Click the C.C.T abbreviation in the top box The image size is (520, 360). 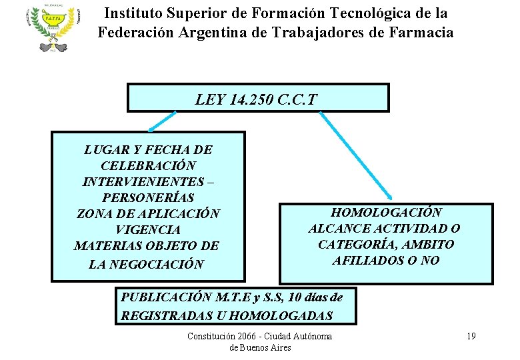(297, 100)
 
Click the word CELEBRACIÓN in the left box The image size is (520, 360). (148, 165)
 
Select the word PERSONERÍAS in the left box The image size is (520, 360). (148, 198)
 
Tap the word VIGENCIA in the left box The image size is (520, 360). (148, 230)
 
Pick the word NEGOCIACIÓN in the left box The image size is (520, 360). (159, 264)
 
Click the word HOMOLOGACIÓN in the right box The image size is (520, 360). (386, 213)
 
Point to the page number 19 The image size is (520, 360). (471, 336)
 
